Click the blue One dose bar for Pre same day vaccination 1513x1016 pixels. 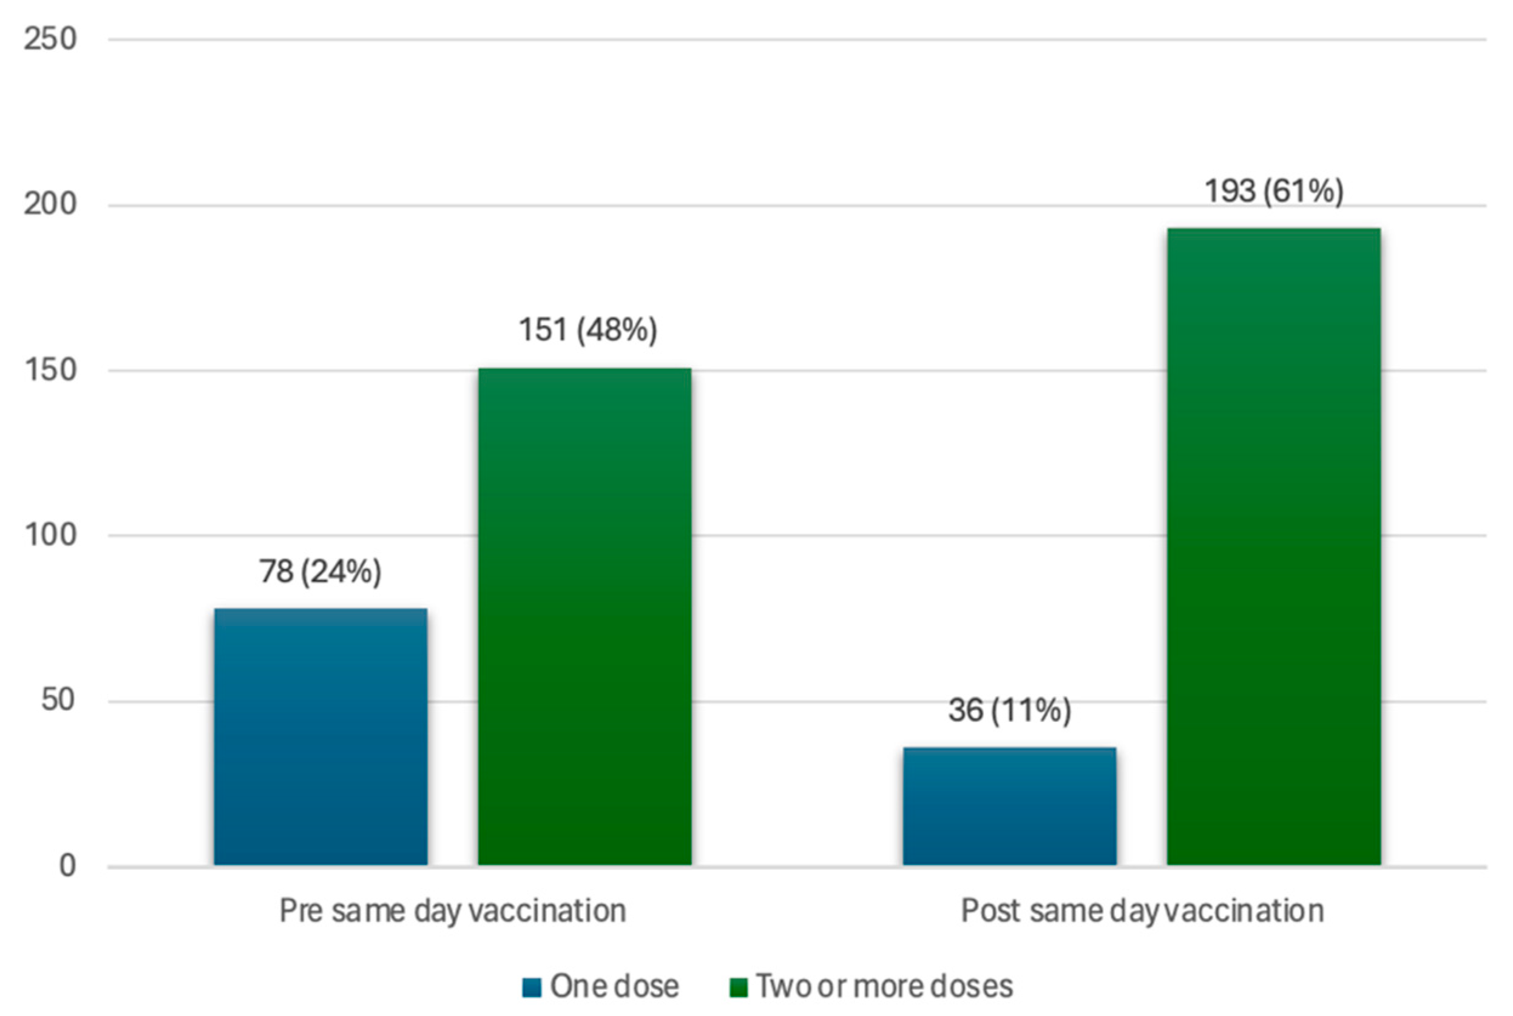point(321,737)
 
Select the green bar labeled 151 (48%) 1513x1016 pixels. point(584,616)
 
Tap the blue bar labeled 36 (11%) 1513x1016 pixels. point(1009,806)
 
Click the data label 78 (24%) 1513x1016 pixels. point(320,571)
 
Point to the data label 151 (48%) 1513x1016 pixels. point(587,329)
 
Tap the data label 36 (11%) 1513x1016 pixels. point(1009,710)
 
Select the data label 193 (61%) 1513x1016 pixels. point(1274,191)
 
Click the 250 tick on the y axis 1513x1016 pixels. point(50,39)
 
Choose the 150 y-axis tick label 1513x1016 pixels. point(50,371)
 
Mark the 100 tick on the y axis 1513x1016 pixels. point(50,535)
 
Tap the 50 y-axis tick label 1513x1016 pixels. point(58,701)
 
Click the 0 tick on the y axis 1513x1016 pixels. point(67,866)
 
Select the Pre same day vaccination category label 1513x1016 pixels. point(453,911)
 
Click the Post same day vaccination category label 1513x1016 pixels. point(1142,911)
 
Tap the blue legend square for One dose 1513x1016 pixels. point(532,987)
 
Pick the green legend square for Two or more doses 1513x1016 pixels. point(739,987)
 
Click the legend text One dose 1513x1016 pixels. point(614,987)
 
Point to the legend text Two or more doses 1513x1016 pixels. point(884,987)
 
